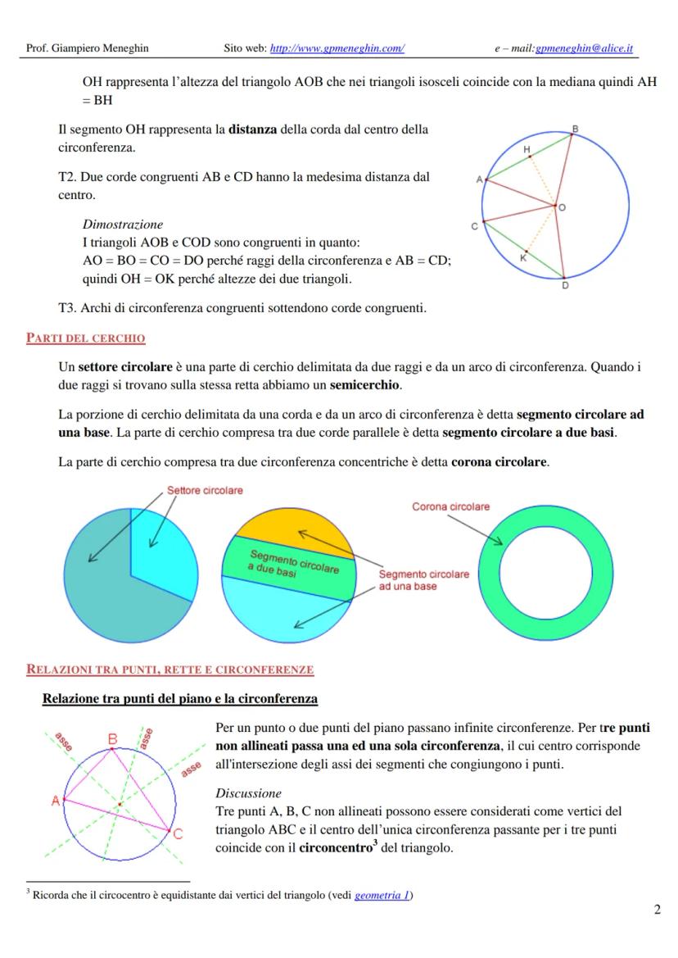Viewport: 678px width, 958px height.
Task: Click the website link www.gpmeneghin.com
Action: coord(337,48)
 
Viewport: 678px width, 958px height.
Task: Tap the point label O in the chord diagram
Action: coord(563,208)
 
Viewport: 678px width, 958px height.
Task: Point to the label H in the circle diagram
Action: coord(527,149)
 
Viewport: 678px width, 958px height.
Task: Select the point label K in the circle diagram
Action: coord(523,257)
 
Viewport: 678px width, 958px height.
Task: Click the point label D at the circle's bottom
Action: coord(565,285)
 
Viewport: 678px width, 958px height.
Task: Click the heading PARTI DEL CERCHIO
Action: coord(86,338)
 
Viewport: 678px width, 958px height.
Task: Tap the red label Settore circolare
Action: coord(205,490)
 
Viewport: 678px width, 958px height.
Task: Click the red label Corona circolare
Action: coord(450,506)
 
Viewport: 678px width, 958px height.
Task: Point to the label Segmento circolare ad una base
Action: coord(423,580)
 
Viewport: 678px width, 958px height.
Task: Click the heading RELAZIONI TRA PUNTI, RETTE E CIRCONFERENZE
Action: coord(170,670)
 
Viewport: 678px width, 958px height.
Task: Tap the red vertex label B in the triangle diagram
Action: coord(113,739)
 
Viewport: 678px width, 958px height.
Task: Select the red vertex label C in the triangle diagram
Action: coord(178,835)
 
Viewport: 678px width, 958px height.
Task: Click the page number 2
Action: coord(657,910)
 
